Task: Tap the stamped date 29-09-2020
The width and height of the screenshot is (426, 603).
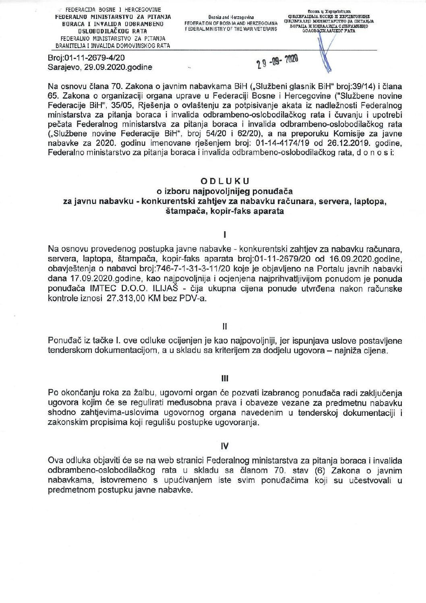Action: tap(277, 61)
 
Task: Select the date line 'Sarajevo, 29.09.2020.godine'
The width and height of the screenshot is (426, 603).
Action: tap(100, 67)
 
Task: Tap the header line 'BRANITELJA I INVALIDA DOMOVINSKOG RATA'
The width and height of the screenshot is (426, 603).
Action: tap(113, 46)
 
